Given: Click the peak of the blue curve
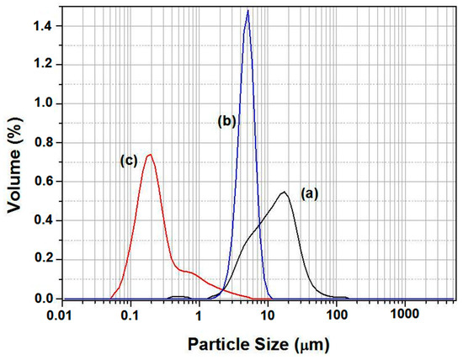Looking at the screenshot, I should tap(247, 11).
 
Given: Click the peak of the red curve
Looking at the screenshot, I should tap(150, 155).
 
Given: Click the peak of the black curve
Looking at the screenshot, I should tap(285, 193).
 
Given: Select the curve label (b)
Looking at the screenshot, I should tap(226, 121).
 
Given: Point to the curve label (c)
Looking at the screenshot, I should tap(128, 163).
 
